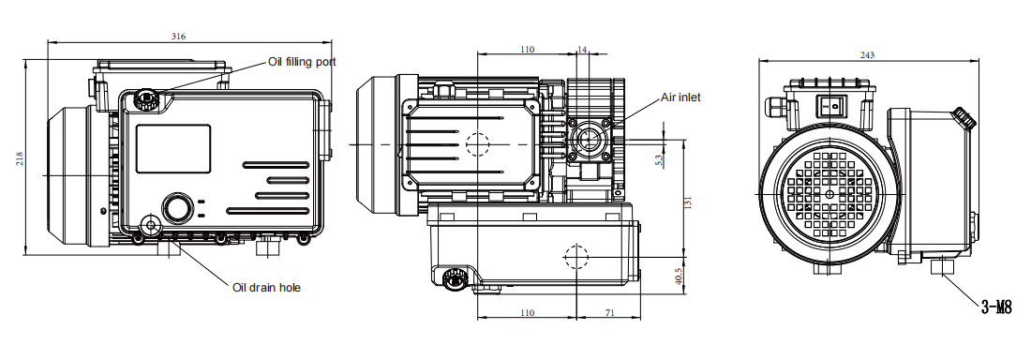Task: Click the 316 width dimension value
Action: click(x=178, y=37)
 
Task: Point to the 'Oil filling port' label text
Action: click(x=302, y=62)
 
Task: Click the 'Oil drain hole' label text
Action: click(x=266, y=287)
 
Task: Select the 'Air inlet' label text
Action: click(x=680, y=97)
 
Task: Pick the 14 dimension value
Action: click(x=582, y=49)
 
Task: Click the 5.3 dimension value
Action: click(x=659, y=158)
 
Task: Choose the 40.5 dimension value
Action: click(x=679, y=276)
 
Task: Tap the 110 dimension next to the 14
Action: click(x=527, y=49)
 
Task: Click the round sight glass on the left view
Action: click(x=175, y=207)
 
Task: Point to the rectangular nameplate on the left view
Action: click(x=173, y=148)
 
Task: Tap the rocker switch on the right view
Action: click(x=829, y=106)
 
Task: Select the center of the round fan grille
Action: click(x=829, y=194)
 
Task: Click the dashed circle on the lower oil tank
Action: click(x=575, y=256)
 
